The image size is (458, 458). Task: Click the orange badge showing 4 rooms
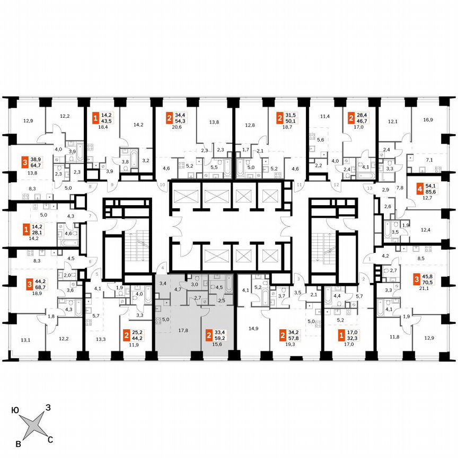point(420,189)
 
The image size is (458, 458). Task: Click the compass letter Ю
point(15,408)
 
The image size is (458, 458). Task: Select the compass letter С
point(50,439)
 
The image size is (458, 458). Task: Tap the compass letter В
point(19,443)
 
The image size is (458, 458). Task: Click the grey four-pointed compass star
point(33,425)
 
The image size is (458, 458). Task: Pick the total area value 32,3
point(350,335)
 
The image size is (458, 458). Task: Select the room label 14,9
point(252,328)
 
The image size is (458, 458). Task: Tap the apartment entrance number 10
point(163,184)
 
